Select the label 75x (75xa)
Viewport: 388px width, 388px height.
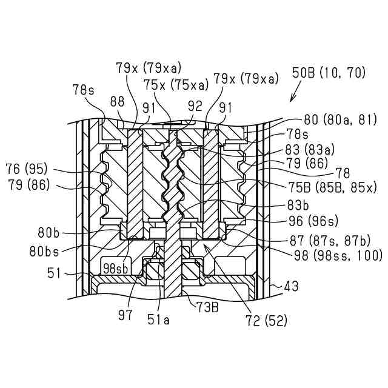coord(176,84)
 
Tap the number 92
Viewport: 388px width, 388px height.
coord(195,104)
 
